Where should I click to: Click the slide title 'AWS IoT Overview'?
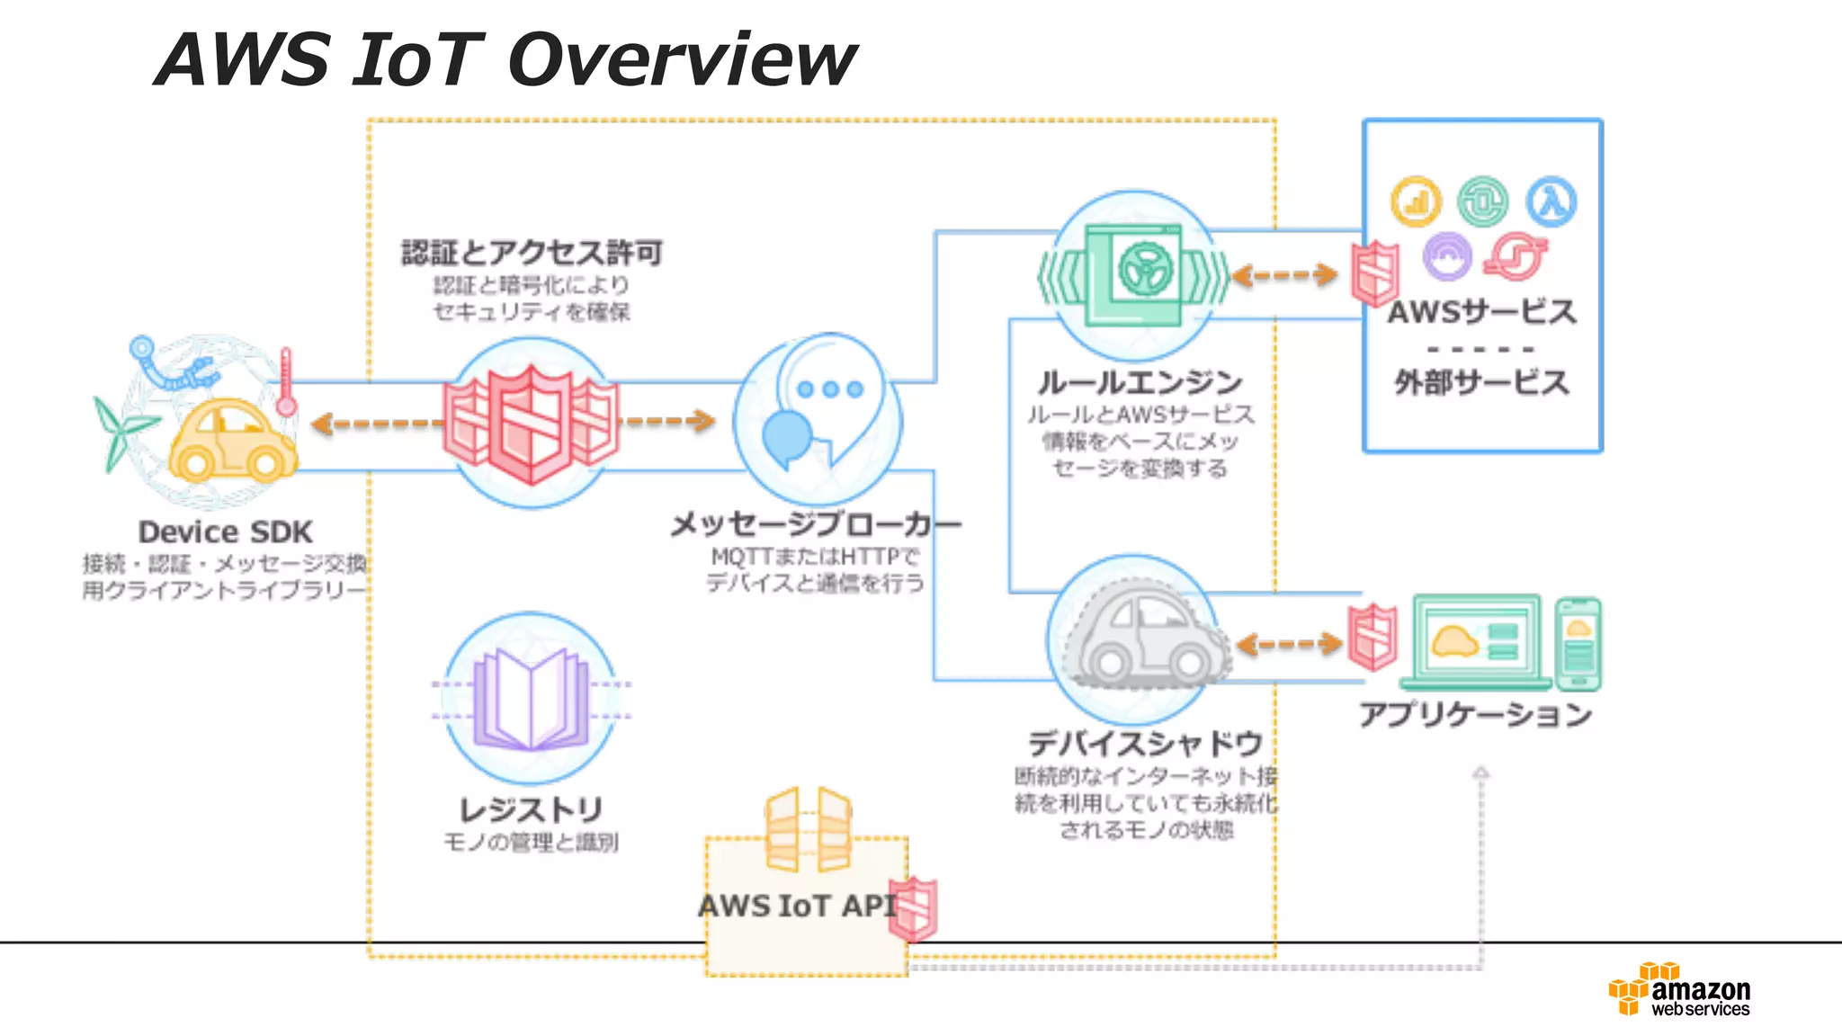click(505, 59)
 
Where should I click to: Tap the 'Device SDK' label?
click(225, 531)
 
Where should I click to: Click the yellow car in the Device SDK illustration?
click(231, 442)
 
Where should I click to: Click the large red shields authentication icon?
click(531, 423)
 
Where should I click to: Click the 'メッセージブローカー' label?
click(815, 524)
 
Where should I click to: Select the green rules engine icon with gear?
click(1133, 274)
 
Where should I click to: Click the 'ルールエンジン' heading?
click(1140, 383)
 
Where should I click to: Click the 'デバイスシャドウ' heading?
click(1145, 744)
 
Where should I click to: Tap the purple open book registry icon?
click(532, 700)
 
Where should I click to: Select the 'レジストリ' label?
click(531, 809)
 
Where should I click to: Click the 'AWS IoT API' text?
click(797, 906)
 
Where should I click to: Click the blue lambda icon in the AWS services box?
click(1551, 201)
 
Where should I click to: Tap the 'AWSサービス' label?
click(1481, 312)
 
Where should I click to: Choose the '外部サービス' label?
click(1481, 383)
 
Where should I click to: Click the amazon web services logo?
click(1680, 990)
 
